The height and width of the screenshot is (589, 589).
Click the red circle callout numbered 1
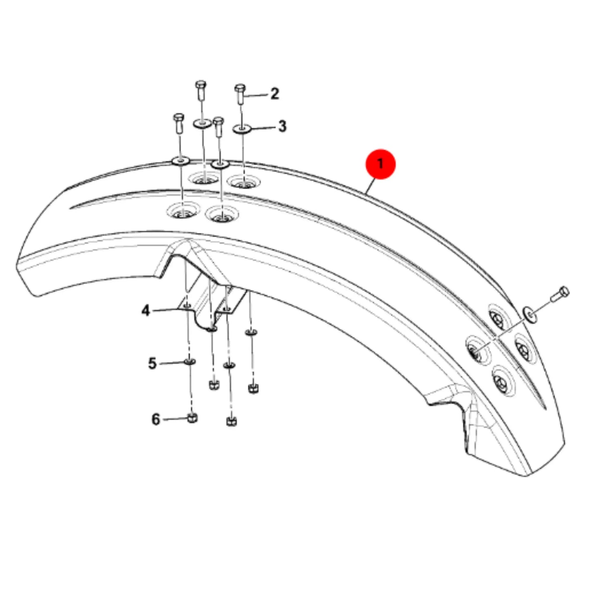(380, 164)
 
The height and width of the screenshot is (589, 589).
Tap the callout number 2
(275, 94)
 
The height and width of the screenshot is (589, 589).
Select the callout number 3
(282, 126)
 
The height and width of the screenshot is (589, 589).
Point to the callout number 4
(146, 311)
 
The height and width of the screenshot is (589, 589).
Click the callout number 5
(152, 364)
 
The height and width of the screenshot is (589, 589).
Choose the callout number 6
(156, 419)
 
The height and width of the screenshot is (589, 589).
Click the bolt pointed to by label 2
(240, 94)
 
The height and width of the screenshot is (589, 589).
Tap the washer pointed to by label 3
(242, 129)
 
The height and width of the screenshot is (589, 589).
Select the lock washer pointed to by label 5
(190, 362)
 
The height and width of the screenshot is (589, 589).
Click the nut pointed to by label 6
(192, 418)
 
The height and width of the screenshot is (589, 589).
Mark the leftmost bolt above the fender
(179, 124)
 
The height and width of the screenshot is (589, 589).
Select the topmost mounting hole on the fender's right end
(499, 317)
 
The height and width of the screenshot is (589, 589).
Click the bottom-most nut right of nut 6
(232, 422)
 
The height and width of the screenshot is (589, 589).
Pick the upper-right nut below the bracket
(253, 389)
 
